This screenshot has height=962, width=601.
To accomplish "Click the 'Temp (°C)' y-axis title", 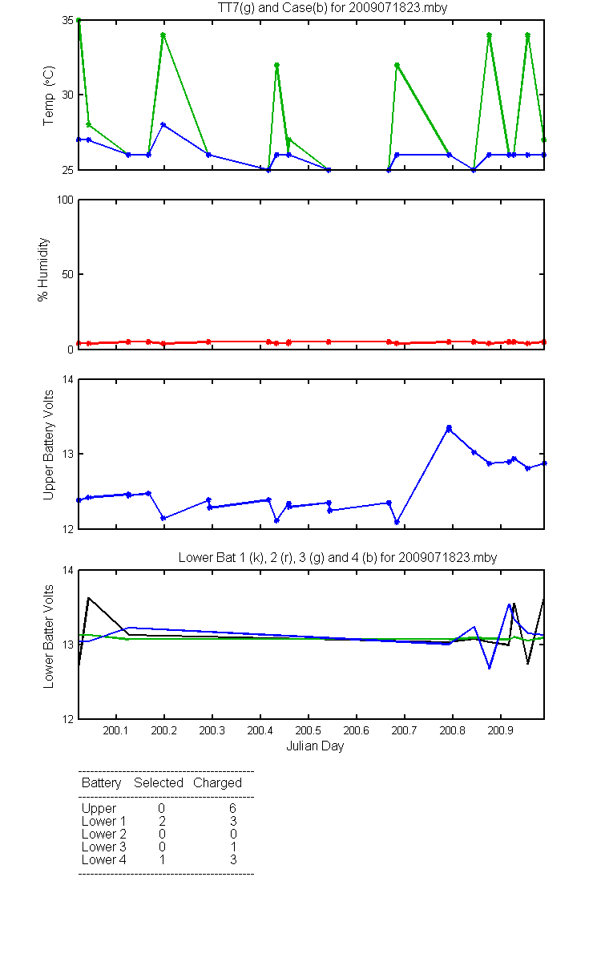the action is pos(49,95).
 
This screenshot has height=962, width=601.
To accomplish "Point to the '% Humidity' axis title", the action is pos(43,269).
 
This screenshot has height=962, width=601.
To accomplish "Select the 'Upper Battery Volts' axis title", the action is pos(48,445).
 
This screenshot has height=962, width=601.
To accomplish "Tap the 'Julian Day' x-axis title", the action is pos(315,746).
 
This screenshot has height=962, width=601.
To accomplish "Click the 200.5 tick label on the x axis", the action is pos(309,730).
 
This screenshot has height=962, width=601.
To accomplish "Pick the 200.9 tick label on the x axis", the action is pos(501,730).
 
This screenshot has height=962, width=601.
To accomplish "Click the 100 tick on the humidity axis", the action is pos(65,200).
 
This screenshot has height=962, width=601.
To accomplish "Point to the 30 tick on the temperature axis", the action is pos(68,95).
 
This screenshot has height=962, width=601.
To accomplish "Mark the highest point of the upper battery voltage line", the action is pos(449,428).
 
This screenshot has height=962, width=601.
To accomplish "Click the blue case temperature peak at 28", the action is pos(163,124).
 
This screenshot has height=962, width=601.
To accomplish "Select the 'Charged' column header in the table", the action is pos(217,783).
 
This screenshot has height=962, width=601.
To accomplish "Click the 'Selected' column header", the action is pos(159,783).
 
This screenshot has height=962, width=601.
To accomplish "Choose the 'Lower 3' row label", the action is pos(104,847).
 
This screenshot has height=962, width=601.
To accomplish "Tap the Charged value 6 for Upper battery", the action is pos(232,808).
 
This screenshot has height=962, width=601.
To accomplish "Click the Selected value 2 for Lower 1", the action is pos(162,821).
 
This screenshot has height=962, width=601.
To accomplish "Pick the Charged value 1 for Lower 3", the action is pos(233,847).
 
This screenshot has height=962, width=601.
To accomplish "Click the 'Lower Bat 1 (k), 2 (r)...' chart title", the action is pos(337,557).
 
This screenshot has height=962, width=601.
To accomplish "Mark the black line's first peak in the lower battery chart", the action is pos(88,597).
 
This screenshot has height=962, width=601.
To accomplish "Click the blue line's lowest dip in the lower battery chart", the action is pos(490,669).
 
